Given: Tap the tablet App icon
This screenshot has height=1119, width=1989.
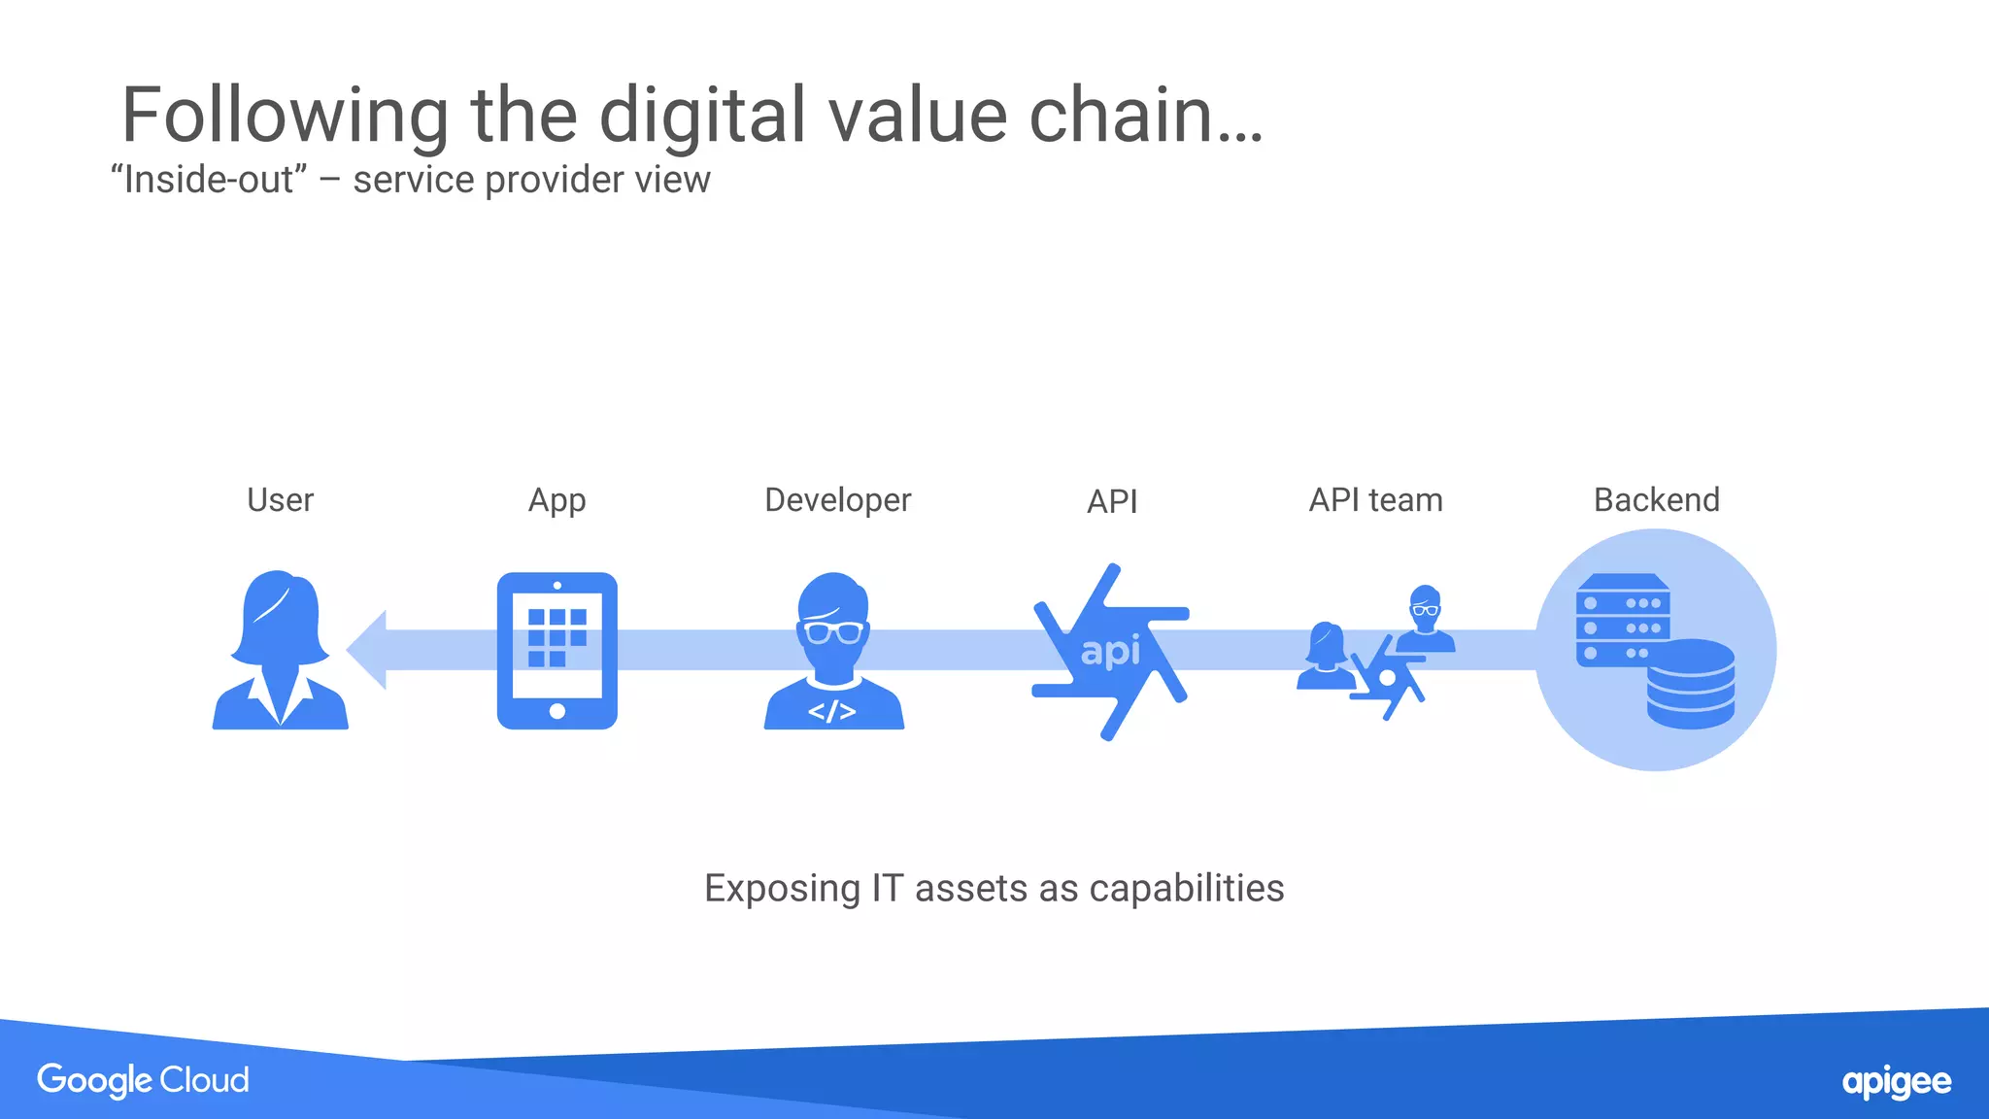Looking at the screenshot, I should pyautogui.click(x=556, y=650).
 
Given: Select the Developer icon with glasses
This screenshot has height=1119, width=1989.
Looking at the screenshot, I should pyautogui.click(x=833, y=650).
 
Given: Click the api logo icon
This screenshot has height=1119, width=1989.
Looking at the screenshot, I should pyautogui.click(x=1111, y=651).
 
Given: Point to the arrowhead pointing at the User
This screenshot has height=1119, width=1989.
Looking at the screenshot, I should pyautogui.click(x=367, y=650).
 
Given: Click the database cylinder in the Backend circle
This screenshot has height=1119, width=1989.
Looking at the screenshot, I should pyautogui.click(x=1690, y=684).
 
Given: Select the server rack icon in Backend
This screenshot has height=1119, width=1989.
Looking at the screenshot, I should pyautogui.click(x=1622, y=620).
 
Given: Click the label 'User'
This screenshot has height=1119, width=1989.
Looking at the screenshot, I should pyautogui.click(x=280, y=500).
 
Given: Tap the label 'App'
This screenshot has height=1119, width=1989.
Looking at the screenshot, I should pyautogui.click(x=556, y=501).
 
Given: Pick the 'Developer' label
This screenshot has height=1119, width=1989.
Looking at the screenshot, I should pyautogui.click(x=837, y=500).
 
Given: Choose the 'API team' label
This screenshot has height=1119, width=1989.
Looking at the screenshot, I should pyautogui.click(x=1375, y=500).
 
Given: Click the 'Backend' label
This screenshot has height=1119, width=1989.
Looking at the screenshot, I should pyautogui.click(x=1656, y=500).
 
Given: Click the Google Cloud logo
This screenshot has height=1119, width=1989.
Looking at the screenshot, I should pyautogui.click(x=143, y=1080).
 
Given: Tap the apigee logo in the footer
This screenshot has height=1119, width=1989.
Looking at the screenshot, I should pyautogui.click(x=1896, y=1082).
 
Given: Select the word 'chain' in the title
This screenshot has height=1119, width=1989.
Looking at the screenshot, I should pyautogui.click(x=1121, y=116).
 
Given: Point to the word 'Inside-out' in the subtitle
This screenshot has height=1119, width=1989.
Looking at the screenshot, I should pyautogui.click(x=208, y=180).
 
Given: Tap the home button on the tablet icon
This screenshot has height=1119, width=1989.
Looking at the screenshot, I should pyautogui.click(x=556, y=711).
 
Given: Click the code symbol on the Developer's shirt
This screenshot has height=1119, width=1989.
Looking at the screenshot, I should pyautogui.click(x=832, y=711).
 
